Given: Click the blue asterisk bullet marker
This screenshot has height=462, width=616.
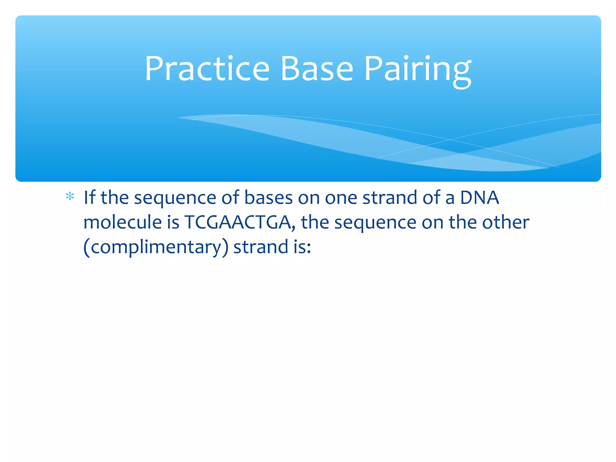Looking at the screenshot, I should tap(70, 197).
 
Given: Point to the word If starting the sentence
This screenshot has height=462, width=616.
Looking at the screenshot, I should tap(89, 198).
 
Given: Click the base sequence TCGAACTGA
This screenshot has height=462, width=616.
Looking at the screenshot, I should tap(238, 222).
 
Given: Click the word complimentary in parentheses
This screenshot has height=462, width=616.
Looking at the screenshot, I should tap(156, 247).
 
